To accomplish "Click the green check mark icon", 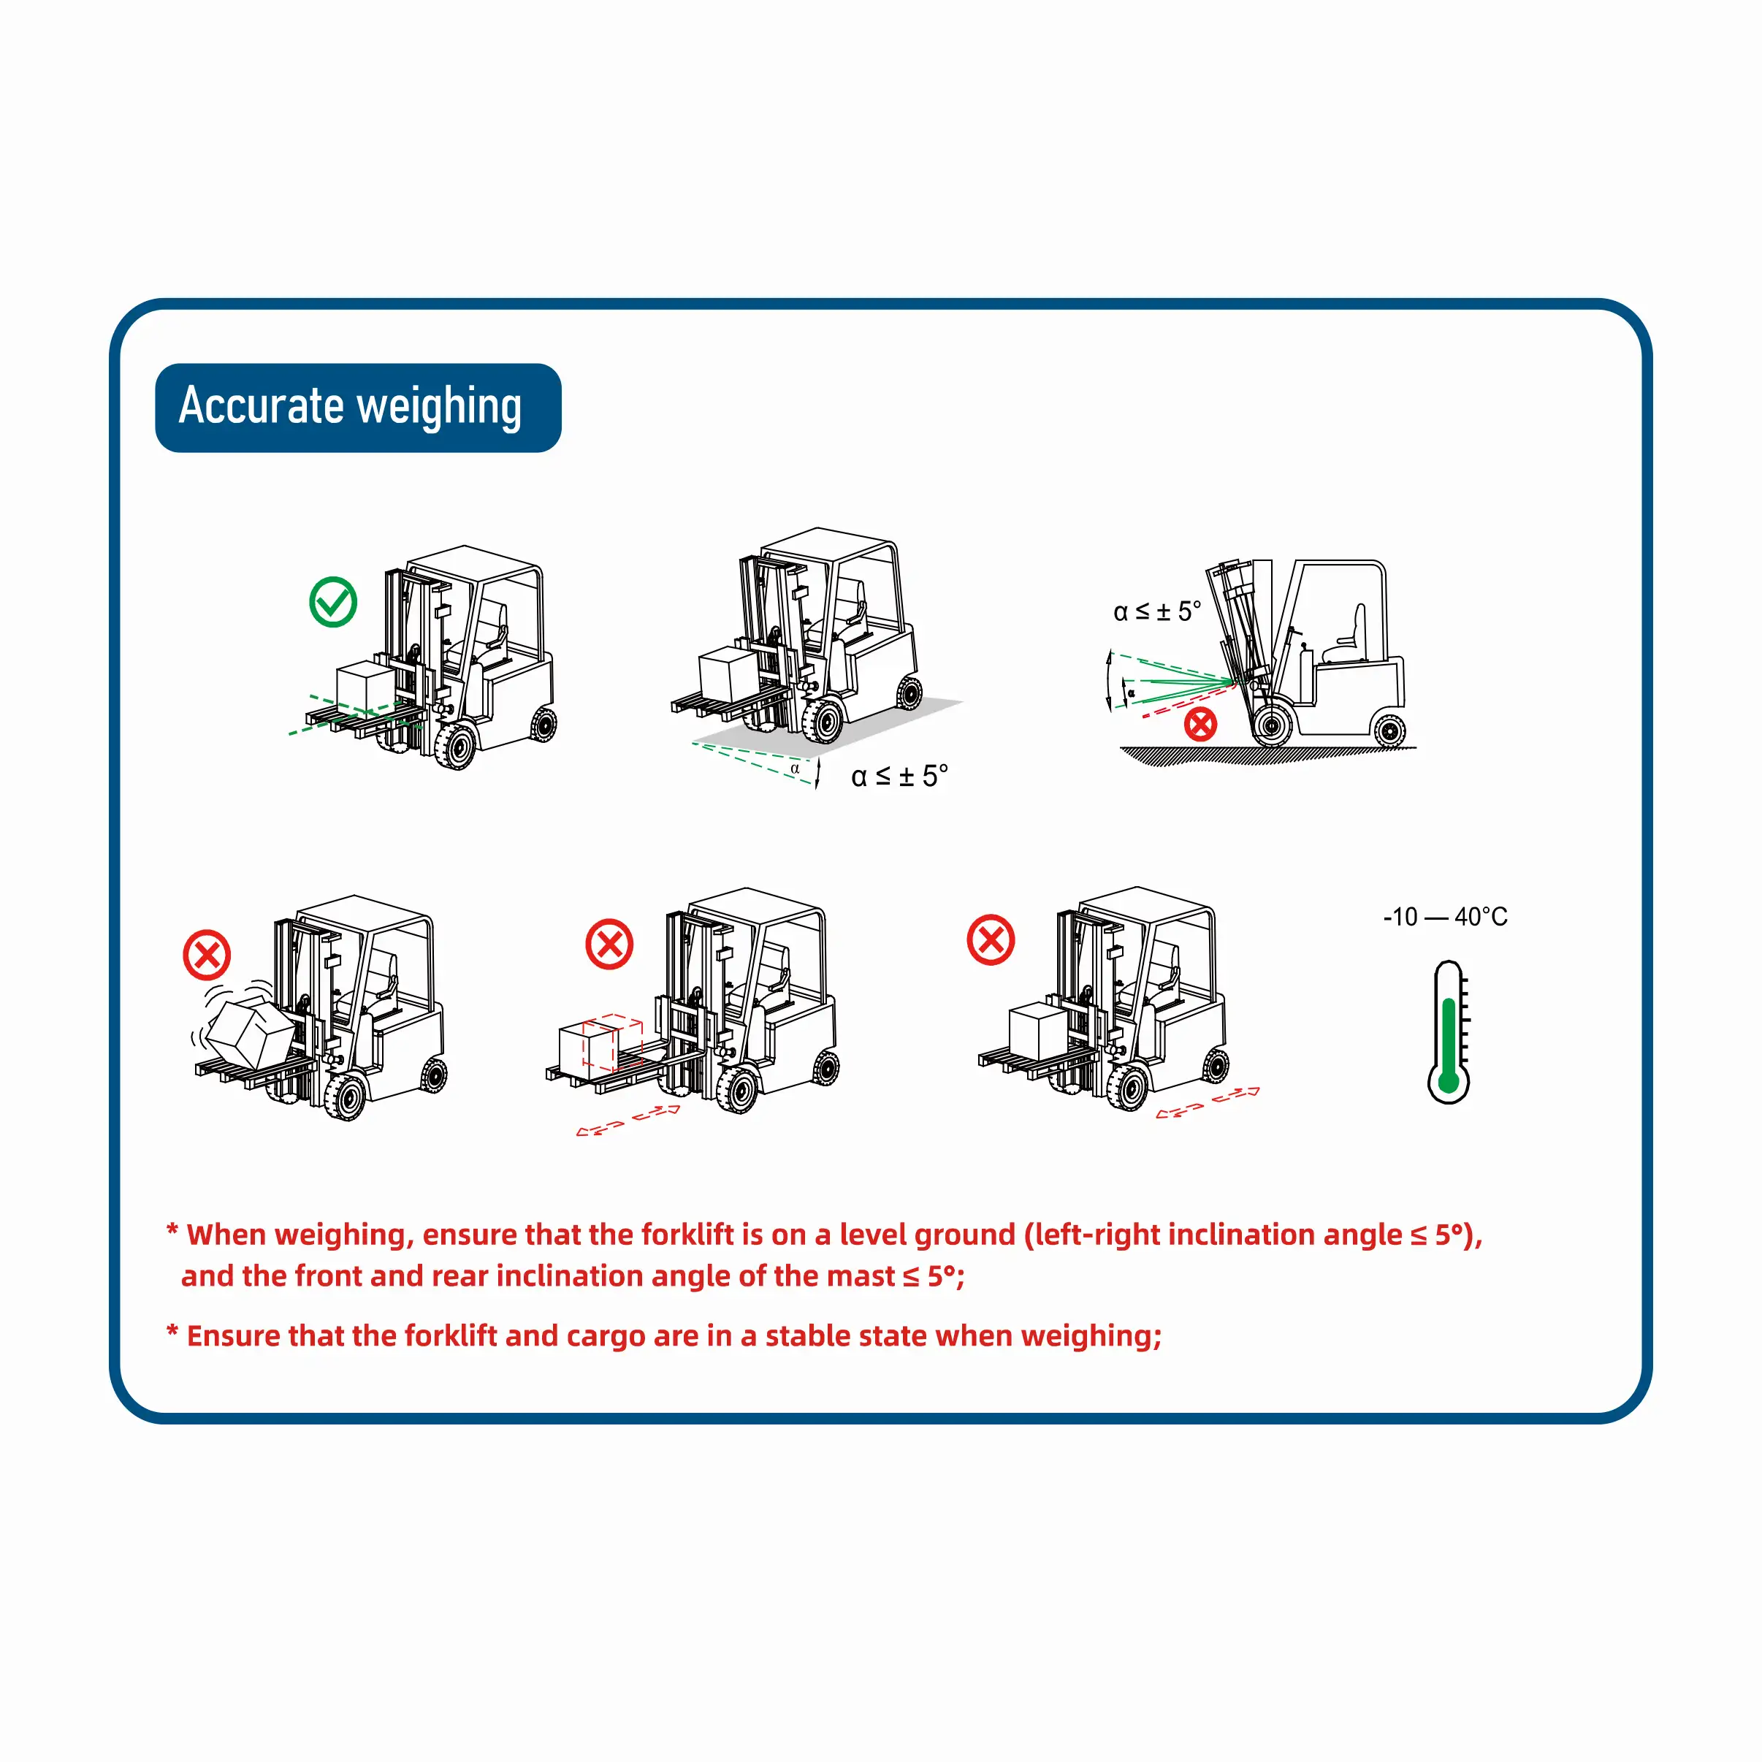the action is click(333, 602).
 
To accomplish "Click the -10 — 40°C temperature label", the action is click(1446, 917).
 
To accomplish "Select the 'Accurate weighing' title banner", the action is click(359, 408).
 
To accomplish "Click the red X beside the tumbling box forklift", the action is click(207, 955).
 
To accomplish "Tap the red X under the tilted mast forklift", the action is click(1200, 724).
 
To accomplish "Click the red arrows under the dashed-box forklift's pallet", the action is click(628, 1120).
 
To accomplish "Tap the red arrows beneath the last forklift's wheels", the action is click(1208, 1102).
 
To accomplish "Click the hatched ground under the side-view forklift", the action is click(1267, 756).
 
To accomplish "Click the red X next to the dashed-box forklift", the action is click(609, 944).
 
